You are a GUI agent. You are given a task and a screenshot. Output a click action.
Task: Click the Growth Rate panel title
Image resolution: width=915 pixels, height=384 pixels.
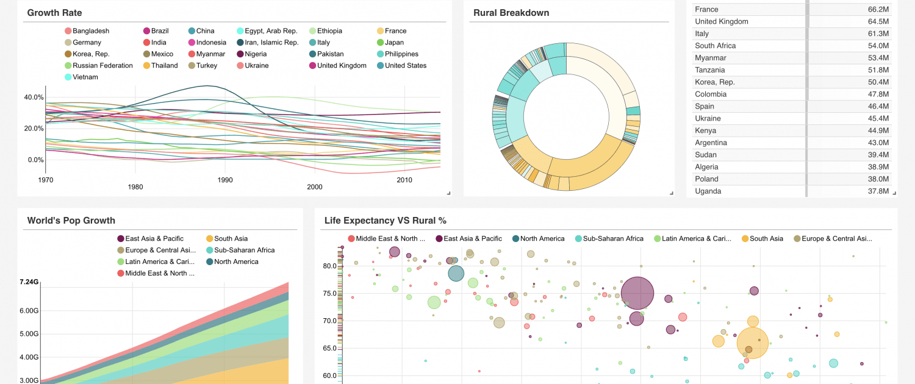[54, 13]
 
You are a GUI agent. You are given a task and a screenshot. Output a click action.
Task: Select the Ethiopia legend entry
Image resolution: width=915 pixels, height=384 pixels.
[329, 31]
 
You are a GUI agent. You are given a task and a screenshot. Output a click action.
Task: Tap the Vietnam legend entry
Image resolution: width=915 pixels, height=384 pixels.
[85, 77]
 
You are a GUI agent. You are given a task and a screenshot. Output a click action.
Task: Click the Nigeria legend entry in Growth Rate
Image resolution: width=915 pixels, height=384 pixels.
[256, 54]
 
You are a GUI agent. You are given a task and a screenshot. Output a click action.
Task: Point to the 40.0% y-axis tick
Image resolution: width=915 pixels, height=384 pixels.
[34, 98]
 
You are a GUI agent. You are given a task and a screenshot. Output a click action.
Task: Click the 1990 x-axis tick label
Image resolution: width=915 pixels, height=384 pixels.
[225, 180]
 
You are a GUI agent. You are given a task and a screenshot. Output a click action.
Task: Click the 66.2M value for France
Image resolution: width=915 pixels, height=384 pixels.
[878, 10]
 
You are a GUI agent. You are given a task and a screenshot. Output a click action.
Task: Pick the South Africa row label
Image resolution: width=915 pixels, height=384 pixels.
[715, 46]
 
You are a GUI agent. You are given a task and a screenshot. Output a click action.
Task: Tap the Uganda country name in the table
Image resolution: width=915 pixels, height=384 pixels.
[708, 191]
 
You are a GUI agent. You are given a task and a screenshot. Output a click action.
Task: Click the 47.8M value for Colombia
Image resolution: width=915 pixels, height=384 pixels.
[878, 94]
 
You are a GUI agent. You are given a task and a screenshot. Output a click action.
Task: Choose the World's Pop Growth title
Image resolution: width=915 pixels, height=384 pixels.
[71, 221]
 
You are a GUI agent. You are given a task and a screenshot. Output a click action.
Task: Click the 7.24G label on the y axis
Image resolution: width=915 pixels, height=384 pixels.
[29, 282]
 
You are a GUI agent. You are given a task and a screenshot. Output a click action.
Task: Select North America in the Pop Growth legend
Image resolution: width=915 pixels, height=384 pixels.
[236, 262]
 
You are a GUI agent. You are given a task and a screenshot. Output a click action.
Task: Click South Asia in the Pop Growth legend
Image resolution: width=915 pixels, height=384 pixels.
[231, 239]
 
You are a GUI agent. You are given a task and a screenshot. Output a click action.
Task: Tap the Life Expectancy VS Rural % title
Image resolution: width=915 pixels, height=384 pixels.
[386, 221]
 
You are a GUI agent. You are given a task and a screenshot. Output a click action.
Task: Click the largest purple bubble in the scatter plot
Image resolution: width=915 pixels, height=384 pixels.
[637, 293]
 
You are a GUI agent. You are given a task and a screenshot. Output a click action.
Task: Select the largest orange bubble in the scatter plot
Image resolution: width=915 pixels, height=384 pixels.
[753, 343]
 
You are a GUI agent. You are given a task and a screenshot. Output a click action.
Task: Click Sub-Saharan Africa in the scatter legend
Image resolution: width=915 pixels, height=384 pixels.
[613, 239]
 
